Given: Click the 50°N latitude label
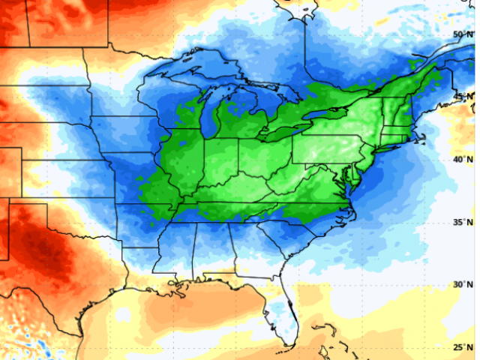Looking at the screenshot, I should pos(462,35).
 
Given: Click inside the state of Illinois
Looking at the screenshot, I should pos(184,161).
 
